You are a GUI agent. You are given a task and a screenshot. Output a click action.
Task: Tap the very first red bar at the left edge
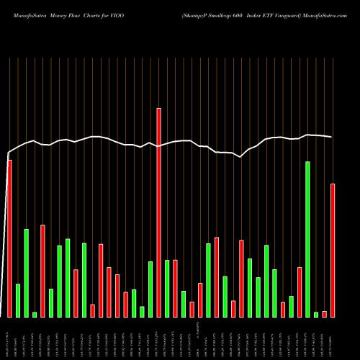[9, 238]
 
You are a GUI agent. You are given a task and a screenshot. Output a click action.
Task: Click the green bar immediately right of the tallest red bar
[167, 288]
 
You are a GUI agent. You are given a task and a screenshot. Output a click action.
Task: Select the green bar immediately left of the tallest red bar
[150, 289]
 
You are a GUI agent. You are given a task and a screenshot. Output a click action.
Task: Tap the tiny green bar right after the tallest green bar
[316, 314]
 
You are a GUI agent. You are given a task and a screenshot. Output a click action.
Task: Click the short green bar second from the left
[18, 300]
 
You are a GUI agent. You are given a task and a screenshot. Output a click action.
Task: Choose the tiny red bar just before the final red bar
[324, 313]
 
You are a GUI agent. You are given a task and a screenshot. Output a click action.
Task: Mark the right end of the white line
[332, 137]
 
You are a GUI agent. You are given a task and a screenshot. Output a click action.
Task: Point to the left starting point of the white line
[8, 153]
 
